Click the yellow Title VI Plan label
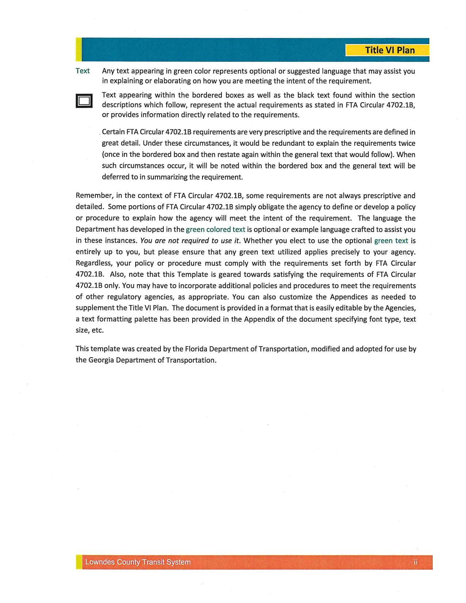pos(387,50)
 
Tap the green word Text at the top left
pos(83,71)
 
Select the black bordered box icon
pos(84,100)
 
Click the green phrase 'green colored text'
pos(215,229)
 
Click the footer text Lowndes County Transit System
pos(138,562)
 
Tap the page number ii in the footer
pos(416,562)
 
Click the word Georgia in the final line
pos(101,360)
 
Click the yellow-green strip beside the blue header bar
pos(79,49)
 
